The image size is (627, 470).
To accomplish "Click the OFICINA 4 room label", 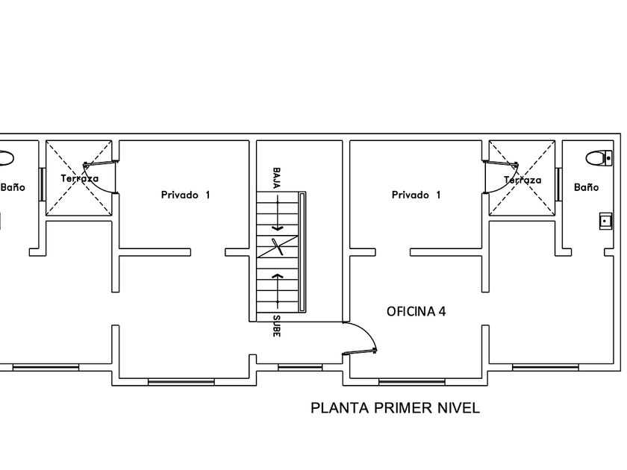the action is [416, 311].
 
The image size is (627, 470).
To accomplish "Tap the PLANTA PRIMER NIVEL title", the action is [395, 408].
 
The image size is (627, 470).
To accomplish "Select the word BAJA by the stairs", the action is [276, 178].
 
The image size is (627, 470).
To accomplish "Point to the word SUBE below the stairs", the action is [276, 326].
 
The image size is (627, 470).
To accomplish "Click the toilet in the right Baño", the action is [599, 158].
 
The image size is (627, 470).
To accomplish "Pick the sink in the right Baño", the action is [605, 221].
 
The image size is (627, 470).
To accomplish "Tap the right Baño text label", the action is [586, 187].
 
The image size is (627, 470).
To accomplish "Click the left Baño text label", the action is [13, 187].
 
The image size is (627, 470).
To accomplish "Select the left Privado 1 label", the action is [186, 195].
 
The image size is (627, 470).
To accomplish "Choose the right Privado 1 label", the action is [416, 195].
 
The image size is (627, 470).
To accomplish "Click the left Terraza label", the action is [80, 178].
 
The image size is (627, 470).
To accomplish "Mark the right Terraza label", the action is [522, 181].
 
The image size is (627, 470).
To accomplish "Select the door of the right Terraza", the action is [501, 163].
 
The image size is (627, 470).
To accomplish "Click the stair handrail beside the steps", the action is [302, 252].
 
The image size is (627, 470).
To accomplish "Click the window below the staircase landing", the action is [300, 367].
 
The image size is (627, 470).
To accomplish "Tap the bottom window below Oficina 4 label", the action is [412, 383].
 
